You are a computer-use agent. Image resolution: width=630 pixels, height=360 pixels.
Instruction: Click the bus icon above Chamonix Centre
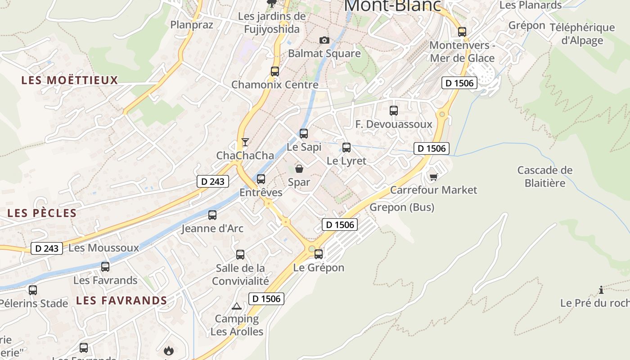click(275, 71)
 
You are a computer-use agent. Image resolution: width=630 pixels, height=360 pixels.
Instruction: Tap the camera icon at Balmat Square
click(324, 40)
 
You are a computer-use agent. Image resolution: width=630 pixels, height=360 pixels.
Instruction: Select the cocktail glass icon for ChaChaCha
click(245, 142)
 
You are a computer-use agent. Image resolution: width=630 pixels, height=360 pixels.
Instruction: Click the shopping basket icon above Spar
click(299, 169)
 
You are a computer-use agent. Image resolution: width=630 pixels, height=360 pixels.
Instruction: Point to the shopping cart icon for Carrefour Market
click(433, 177)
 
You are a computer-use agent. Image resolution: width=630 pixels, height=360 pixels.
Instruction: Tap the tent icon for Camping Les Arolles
click(237, 306)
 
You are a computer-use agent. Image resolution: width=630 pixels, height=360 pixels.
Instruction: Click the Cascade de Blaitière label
click(544, 176)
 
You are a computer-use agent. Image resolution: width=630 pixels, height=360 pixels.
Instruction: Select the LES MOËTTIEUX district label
click(70, 81)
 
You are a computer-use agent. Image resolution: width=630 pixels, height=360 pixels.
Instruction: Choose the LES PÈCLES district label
click(42, 213)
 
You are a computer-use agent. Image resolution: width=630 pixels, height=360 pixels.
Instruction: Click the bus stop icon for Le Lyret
click(346, 147)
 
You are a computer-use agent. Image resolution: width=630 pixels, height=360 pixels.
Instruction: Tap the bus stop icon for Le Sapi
click(304, 133)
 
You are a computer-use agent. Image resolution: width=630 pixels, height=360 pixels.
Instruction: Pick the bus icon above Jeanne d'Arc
click(212, 215)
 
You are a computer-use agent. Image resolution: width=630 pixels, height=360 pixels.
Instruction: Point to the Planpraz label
click(192, 24)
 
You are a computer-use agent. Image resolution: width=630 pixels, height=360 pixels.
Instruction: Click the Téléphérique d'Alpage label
click(582, 34)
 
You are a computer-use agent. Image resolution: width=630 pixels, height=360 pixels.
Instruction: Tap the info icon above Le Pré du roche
click(601, 289)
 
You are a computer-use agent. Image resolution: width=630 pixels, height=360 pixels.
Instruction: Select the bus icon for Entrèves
click(261, 179)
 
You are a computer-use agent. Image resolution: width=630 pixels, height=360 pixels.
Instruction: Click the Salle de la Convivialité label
click(240, 274)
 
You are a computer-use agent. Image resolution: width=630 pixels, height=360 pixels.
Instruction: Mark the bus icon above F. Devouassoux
click(394, 110)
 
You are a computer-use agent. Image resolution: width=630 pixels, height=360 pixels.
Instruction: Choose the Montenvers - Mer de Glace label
click(462, 52)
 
